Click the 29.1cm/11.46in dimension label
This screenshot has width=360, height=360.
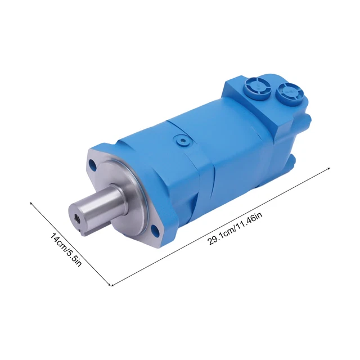[235, 228]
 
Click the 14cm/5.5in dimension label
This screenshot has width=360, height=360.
[66, 250]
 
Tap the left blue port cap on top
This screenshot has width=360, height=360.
[258, 88]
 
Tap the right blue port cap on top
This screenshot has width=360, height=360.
[290, 93]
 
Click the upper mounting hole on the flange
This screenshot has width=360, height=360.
[93, 164]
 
